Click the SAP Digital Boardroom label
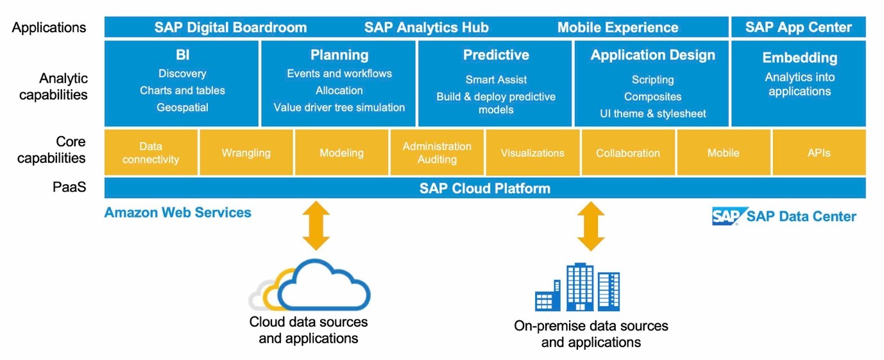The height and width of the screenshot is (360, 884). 230,28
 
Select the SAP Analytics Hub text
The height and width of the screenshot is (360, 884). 426,28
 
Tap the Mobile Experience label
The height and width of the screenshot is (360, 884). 617,28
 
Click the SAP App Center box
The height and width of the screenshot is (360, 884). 798,27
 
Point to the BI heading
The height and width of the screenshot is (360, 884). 182,55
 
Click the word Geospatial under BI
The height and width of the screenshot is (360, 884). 182,107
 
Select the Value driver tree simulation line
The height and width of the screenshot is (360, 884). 339,107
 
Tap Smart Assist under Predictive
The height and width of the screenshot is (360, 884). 496,80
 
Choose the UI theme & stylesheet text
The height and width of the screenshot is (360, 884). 652,114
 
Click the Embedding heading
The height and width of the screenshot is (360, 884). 799,58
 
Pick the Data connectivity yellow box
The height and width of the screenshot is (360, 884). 151,153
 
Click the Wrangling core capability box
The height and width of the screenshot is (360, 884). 246,153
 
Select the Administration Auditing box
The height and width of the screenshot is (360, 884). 437,153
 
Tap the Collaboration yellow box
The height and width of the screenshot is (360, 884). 627,153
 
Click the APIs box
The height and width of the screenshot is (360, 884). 819,153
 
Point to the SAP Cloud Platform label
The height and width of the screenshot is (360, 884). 484,188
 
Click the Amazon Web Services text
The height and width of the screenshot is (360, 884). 178,212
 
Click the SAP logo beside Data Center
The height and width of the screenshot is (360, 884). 727,216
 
